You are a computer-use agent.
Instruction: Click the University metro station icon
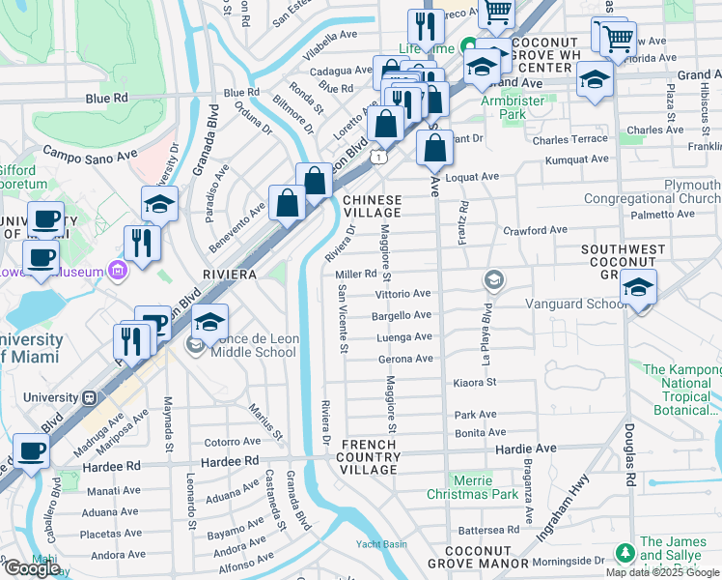click(88, 397)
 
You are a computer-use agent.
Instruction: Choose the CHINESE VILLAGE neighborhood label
click(372, 206)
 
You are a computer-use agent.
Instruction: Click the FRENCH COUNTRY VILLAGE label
click(370, 456)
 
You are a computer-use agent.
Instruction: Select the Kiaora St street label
click(474, 382)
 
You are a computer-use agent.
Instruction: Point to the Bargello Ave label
click(403, 315)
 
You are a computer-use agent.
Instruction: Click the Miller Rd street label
click(355, 275)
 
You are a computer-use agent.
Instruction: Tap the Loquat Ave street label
click(474, 177)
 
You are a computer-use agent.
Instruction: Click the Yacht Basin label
click(379, 543)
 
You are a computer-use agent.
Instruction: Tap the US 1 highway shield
click(382, 156)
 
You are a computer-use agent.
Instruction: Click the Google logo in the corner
click(31, 568)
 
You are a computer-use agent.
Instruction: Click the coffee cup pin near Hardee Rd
click(32, 451)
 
